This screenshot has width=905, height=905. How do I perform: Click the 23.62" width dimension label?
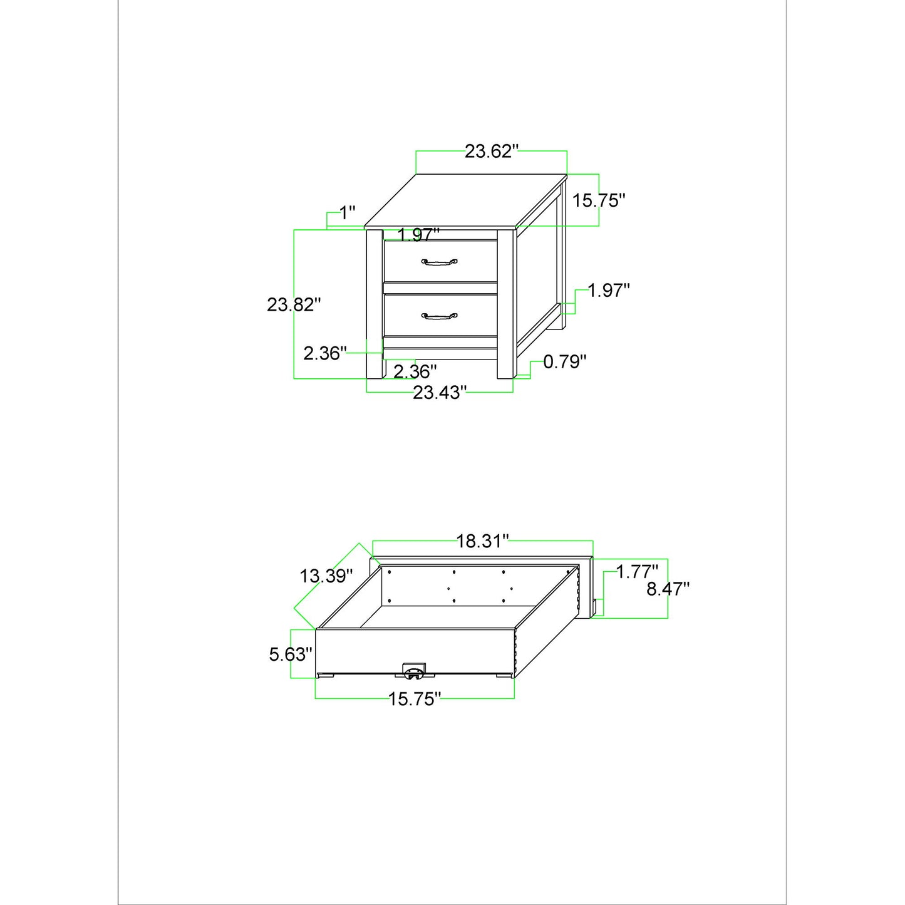click(491, 151)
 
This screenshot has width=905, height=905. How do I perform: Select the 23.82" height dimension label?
click(294, 305)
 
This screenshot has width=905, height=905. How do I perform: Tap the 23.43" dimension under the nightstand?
click(440, 392)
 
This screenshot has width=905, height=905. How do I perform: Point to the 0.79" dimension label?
click(565, 361)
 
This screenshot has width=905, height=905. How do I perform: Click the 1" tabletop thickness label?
click(348, 213)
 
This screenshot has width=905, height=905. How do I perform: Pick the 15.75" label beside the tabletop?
click(599, 200)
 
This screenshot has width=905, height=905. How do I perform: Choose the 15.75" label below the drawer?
click(415, 712)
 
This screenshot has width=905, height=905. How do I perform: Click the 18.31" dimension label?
click(483, 541)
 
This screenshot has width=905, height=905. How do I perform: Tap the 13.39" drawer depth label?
click(326, 576)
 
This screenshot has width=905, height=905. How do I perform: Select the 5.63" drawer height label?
click(291, 654)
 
